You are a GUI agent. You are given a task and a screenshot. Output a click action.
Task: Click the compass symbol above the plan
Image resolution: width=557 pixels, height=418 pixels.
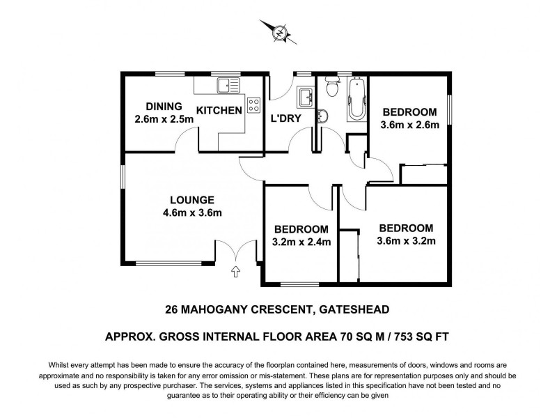(x=278, y=31)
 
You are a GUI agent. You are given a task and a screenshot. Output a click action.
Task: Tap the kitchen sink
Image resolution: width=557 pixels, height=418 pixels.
(x=228, y=86)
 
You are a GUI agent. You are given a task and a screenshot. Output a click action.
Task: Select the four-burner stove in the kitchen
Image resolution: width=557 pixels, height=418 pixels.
(x=253, y=106)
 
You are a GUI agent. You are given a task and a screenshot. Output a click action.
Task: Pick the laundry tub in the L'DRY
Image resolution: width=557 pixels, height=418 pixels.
(x=305, y=95)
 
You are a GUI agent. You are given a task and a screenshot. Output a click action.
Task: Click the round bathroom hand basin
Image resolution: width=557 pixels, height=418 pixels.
(x=322, y=115)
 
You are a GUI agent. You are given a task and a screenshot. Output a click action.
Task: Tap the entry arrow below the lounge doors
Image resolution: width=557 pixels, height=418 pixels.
(x=235, y=271)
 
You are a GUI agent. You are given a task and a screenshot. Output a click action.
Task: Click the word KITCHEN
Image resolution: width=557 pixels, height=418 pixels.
(x=219, y=111)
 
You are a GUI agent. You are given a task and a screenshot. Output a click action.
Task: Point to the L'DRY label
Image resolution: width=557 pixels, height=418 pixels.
(x=285, y=118)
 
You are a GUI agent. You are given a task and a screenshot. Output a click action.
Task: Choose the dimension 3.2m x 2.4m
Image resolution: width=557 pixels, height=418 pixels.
(x=301, y=242)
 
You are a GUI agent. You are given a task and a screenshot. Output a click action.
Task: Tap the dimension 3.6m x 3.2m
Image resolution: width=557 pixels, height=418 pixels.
(x=405, y=242)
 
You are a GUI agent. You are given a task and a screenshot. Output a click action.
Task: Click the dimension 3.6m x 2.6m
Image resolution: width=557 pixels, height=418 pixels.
(x=409, y=126)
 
